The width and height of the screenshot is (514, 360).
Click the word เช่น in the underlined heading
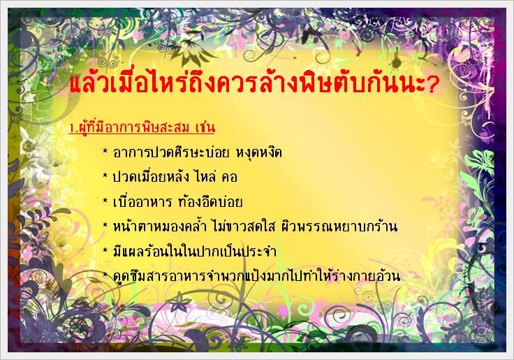click(205, 127)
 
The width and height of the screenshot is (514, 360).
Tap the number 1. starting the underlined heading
click(73, 128)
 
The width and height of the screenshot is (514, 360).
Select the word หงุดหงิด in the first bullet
click(258, 153)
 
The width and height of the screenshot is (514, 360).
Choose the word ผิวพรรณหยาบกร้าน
click(339, 226)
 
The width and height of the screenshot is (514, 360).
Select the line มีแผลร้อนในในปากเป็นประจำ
click(194, 251)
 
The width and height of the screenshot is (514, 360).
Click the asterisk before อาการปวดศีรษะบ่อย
click(105, 152)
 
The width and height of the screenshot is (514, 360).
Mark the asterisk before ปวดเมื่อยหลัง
click(105, 176)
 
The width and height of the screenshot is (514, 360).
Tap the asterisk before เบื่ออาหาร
click(105, 201)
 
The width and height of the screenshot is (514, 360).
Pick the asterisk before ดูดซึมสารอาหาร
click(105, 275)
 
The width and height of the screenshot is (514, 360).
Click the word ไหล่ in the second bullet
click(205, 177)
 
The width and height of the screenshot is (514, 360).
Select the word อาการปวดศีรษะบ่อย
click(170, 152)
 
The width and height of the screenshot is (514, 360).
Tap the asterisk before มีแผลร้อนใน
click(105, 250)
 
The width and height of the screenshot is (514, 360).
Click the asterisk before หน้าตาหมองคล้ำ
click(105, 226)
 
